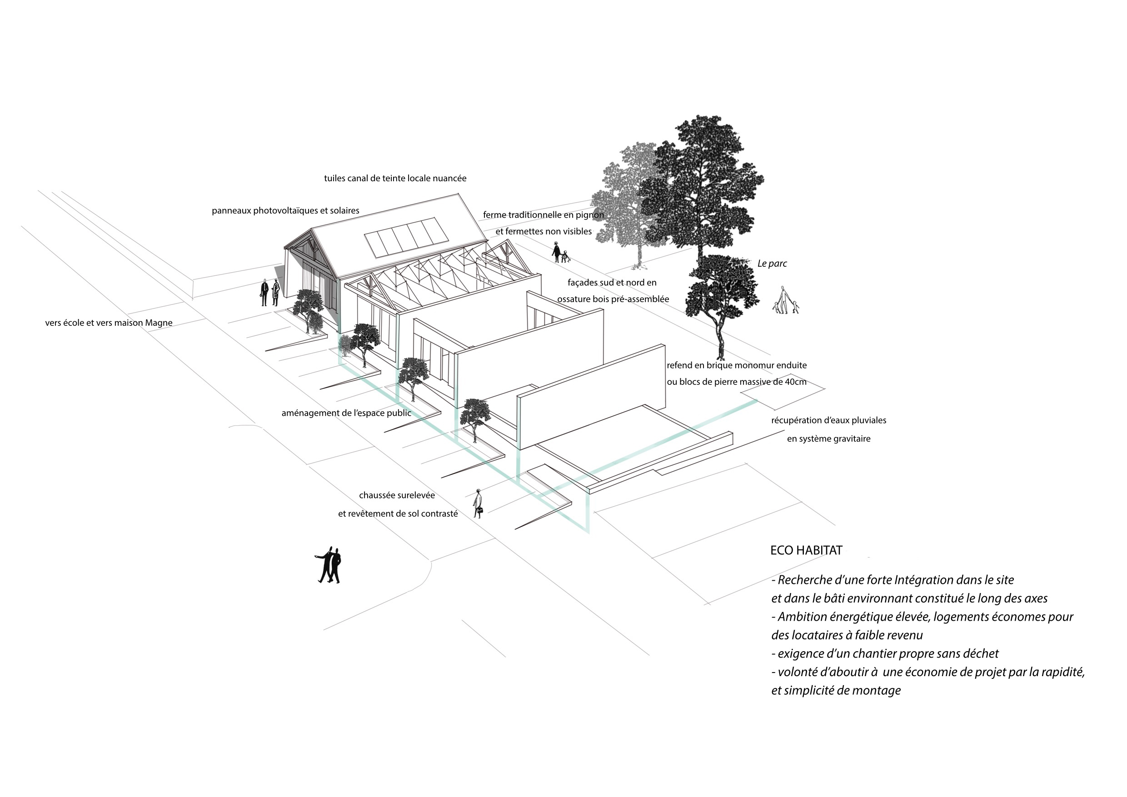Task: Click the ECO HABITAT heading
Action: tap(806, 550)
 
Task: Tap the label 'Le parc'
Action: tap(772, 264)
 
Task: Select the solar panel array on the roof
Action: tap(406, 237)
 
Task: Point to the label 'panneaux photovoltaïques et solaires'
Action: tap(285, 210)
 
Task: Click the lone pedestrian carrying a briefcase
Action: tap(477, 503)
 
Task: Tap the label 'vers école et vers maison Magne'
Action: tap(109, 323)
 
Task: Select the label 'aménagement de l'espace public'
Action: tap(346, 413)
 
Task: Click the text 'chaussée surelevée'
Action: tap(397, 495)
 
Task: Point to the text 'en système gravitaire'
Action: tap(828, 439)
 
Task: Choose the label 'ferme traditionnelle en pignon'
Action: tap(543, 215)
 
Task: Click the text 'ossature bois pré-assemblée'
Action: tap(613, 299)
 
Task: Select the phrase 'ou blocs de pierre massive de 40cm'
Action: tap(736, 382)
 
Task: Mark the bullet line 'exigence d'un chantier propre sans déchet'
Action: tap(884, 653)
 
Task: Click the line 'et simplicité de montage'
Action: tap(836, 690)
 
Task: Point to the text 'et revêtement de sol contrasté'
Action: tap(398, 514)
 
